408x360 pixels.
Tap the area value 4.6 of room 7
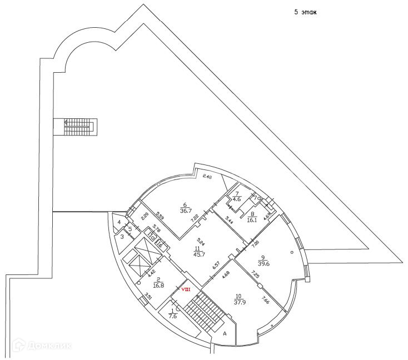coord(236,199)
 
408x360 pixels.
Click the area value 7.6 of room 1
coord(173,317)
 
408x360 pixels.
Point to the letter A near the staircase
coord(225,334)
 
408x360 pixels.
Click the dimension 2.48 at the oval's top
coord(208,176)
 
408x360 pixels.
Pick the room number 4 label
coord(118,223)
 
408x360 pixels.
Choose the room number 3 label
coord(122,236)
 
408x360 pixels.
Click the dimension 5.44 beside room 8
coord(228,219)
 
